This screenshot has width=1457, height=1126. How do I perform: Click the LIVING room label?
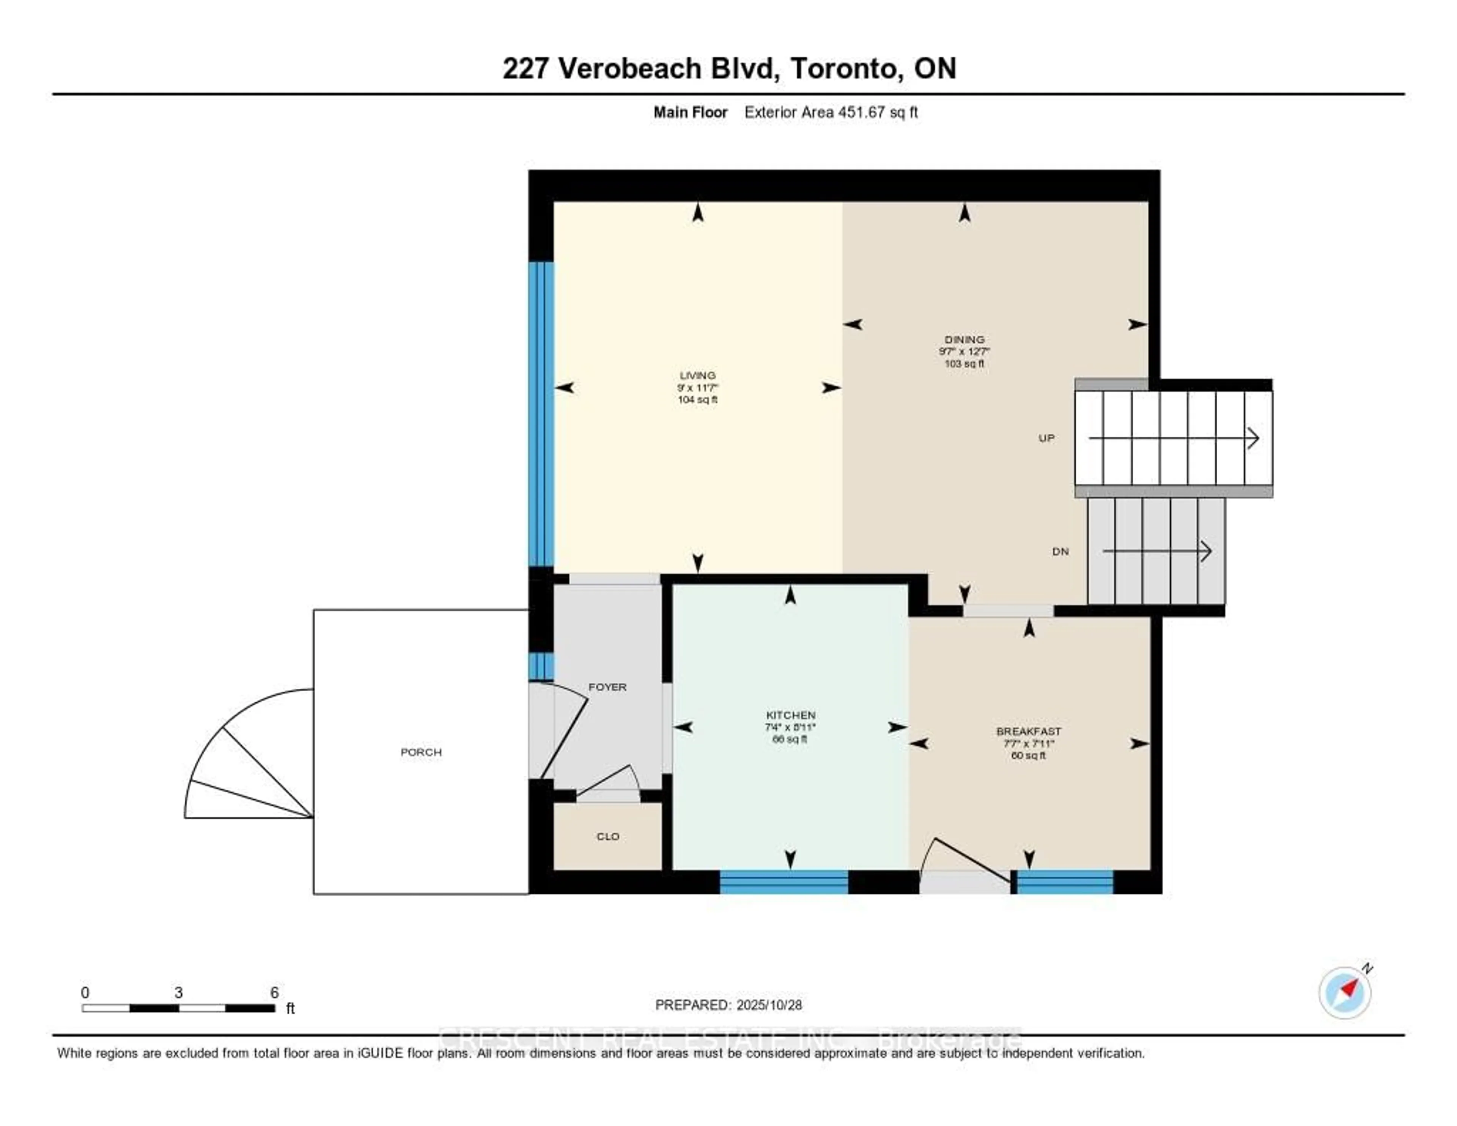point(697,375)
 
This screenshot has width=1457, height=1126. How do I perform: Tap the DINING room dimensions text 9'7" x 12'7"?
point(964,351)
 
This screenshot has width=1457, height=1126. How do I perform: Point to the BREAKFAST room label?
point(1028,732)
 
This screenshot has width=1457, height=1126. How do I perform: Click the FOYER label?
point(607,687)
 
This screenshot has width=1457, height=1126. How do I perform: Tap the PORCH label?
point(421,752)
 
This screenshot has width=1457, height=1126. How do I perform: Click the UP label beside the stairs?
point(1046,438)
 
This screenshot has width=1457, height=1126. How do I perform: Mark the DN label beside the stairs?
point(1060,551)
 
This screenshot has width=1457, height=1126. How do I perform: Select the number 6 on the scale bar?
point(274,992)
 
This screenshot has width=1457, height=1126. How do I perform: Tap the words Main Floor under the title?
point(690,112)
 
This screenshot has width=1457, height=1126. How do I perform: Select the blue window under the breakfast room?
point(1065,882)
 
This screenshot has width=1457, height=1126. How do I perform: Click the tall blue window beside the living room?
point(541,414)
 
